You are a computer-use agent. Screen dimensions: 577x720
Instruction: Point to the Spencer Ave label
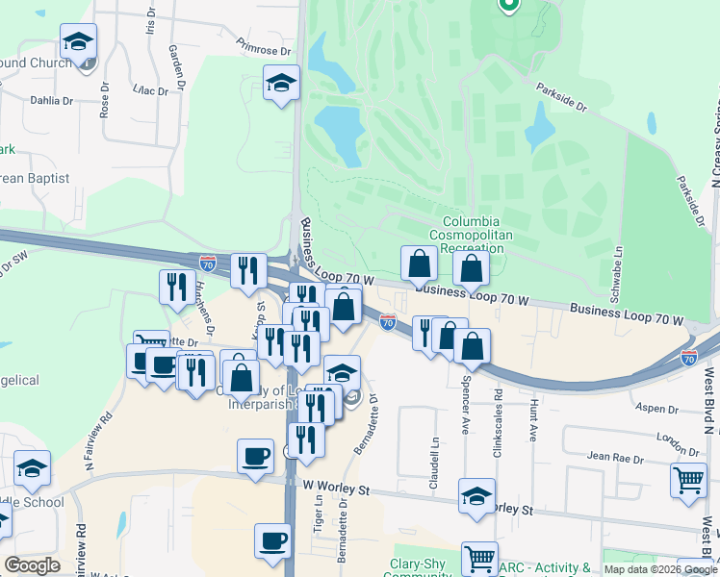pos(465,412)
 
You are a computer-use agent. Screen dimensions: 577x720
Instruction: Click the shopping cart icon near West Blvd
pos(687,480)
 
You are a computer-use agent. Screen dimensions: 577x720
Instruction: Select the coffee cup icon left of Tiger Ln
pos(256,456)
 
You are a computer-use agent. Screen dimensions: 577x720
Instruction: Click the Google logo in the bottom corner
pos(32,564)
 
